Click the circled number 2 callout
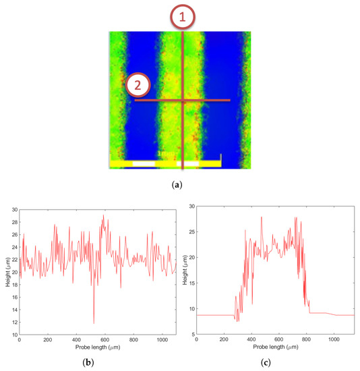coord(138,85)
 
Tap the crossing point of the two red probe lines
coord(183,101)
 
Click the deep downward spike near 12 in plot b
coord(94,323)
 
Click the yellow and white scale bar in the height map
coord(165,163)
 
